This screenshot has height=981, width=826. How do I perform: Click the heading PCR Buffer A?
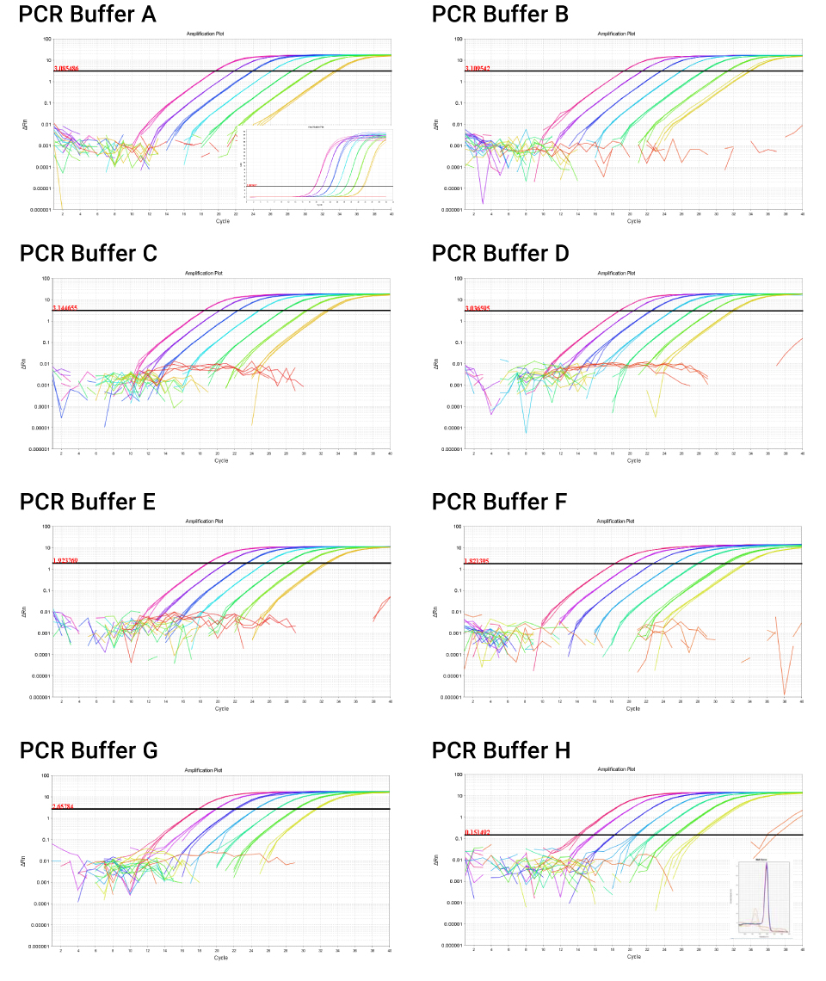click(x=88, y=15)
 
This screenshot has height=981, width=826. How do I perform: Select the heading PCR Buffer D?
click(x=501, y=254)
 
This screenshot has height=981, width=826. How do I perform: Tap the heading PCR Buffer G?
click(x=89, y=750)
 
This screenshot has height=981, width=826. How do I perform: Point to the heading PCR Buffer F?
click(x=500, y=502)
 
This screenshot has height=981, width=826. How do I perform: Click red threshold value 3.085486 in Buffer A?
click(x=66, y=68)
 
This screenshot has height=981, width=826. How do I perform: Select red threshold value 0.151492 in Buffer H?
click(x=479, y=832)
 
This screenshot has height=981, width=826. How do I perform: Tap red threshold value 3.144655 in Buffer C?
click(x=66, y=307)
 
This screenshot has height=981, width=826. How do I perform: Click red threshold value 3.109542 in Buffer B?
click(x=479, y=68)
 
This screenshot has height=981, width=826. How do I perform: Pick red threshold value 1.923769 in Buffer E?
click(x=66, y=560)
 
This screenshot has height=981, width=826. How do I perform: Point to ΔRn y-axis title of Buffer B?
click(x=437, y=126)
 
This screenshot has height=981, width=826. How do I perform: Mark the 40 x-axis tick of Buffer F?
click(x=802, y=702)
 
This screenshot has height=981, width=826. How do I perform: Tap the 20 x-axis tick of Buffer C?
click(x=217, y=453)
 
